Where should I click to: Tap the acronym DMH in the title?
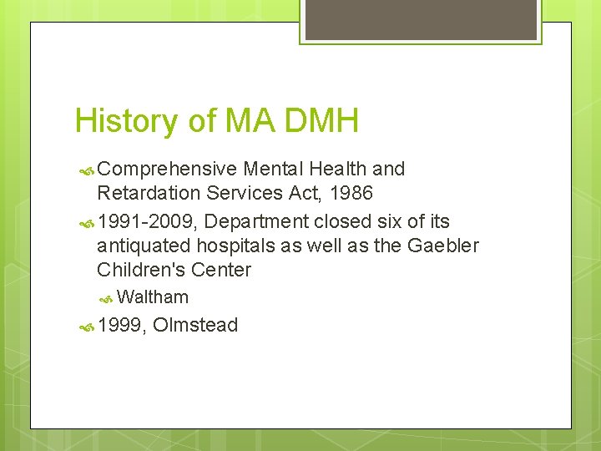tap(321, 121)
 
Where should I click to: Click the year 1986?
tap(351, 193)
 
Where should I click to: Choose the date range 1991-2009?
tap(145, 221)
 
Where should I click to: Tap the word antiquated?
tap(144, 246)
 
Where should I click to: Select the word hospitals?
tap(235, 246)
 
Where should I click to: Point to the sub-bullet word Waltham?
tap(153, 297)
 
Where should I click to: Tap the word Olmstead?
tap(195, 325)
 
